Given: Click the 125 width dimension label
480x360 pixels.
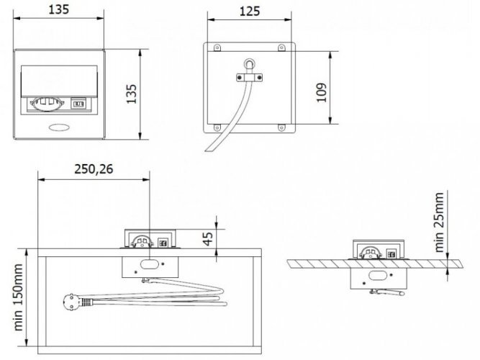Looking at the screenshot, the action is pos(250,12).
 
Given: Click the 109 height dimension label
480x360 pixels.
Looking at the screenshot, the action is pos(321,92).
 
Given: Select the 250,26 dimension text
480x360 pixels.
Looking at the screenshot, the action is pos(94,168).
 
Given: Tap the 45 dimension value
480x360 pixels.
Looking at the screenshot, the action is pos(208,238).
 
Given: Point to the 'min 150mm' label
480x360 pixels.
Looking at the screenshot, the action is pos(18,297).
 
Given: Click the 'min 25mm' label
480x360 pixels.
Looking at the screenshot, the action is pos(439,222).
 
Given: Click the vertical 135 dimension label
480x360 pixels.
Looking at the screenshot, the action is pos(131,94).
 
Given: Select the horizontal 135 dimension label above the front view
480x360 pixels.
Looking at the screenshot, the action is pos(59,9).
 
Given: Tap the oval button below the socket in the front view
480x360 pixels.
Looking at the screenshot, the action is pos(59,127).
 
